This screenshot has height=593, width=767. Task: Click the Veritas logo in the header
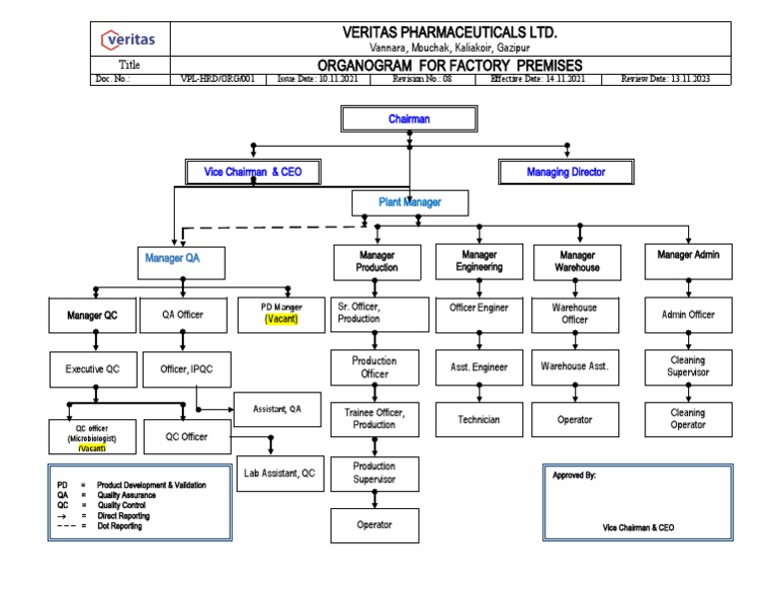(129, 40)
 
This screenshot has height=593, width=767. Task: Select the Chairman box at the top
(408, 119)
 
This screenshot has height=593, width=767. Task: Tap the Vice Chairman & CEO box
(253, 172)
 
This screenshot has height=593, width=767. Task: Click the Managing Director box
(566, 172)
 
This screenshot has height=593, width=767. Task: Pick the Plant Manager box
(409, 203)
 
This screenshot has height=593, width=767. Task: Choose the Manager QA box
(172, 258)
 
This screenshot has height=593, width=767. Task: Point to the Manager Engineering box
(479, 262)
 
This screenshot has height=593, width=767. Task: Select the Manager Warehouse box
(577, 262)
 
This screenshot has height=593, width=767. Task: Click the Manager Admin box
(688, 256)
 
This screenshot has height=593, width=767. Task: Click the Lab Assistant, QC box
(279, 473)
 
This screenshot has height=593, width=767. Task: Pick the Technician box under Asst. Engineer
(479, 420)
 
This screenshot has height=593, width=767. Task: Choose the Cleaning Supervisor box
(687, 366)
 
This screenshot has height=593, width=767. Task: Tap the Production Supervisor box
(375, 473)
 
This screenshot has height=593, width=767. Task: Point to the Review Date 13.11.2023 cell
(665, 79)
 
